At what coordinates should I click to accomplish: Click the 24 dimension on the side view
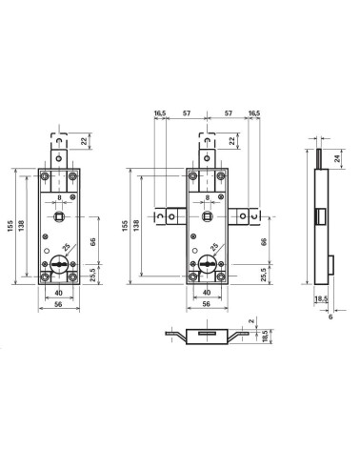338,158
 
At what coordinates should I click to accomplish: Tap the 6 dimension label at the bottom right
330,317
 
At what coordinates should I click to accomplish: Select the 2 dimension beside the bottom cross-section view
251,321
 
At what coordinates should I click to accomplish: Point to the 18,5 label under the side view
321,299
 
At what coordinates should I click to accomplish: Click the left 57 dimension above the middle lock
187,113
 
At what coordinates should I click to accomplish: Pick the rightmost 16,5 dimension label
254,113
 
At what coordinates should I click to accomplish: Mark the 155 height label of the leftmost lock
11,226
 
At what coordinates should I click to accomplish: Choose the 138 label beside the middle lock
136,225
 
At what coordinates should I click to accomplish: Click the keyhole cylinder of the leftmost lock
59,264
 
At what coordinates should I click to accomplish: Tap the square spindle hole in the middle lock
207,216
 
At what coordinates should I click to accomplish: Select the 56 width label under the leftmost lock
58,304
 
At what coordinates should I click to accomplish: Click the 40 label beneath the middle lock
207,293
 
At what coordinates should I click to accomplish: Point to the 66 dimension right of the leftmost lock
92,241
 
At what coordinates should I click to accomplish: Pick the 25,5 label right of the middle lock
264,275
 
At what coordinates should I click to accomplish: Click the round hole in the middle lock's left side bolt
171,217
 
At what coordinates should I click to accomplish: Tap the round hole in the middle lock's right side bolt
243,216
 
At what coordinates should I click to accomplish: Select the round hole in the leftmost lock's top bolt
59,158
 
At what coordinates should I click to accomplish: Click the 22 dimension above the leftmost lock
84,141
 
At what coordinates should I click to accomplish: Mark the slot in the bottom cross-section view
207,333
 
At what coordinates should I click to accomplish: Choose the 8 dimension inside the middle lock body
208,197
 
